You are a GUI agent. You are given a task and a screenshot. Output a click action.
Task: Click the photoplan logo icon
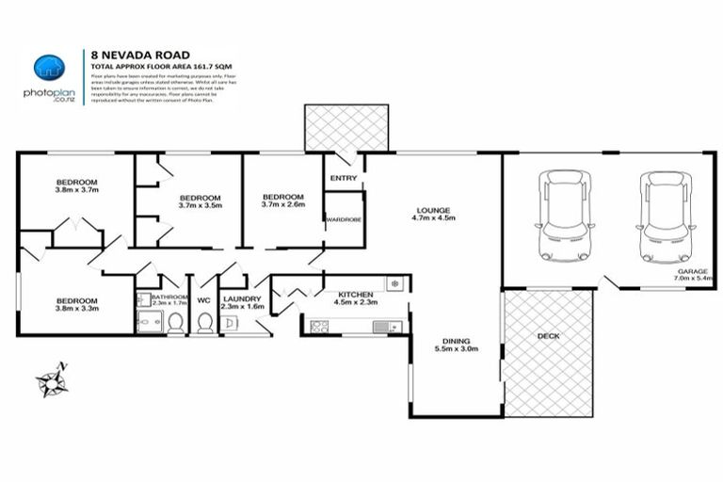point(48,68)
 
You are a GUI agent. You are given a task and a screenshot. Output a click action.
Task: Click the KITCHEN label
point(355,293)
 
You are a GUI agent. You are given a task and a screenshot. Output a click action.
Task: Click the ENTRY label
point(344,178)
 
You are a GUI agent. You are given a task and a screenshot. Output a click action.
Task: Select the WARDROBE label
point(344,219)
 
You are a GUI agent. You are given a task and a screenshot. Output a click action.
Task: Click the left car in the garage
point(562,217)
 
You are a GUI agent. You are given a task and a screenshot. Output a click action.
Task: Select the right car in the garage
point(666,217)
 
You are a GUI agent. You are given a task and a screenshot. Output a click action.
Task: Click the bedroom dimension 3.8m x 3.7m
point(76,190)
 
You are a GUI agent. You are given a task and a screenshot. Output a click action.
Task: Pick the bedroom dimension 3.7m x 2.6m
point(282,203)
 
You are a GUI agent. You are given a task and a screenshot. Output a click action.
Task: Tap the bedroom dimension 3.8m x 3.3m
point(76,309)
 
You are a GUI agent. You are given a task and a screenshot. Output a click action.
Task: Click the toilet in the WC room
point(204,324)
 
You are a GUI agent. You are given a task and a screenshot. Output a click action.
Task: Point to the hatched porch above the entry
point(345,127)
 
